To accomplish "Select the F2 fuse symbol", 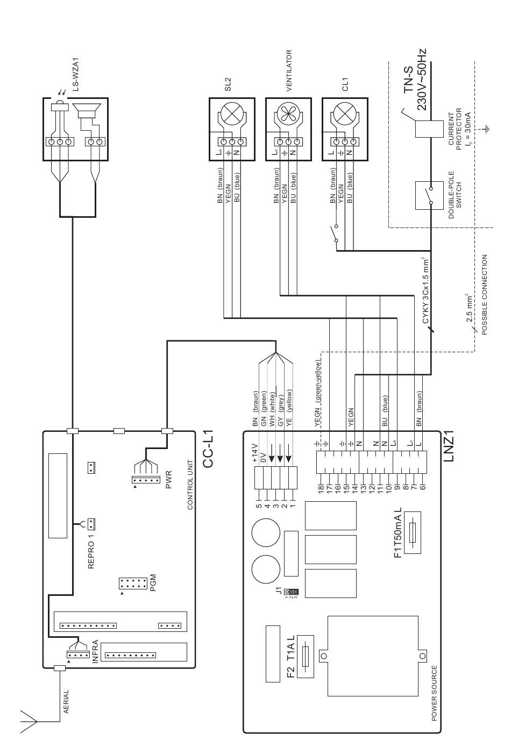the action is [305, 656].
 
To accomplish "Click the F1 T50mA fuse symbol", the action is [412, 532].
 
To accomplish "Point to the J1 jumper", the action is [291, 592].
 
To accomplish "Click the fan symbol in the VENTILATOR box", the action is [288, 114].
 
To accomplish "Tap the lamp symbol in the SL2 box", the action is [232, 114].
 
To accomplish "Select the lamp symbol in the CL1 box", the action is [345, 114].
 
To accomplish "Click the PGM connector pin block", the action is [133, 584].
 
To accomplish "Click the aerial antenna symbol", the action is [29, 722].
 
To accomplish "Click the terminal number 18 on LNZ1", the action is [321, 489].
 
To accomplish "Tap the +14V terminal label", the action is [255, 452].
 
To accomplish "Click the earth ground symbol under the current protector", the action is [487, 129].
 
